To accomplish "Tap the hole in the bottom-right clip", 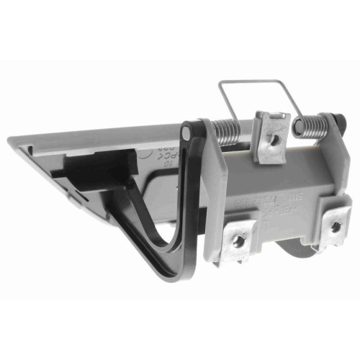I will pyautogui.click(x=336, y=228).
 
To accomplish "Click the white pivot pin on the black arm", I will pyautogui.click(x=186, y=130).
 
